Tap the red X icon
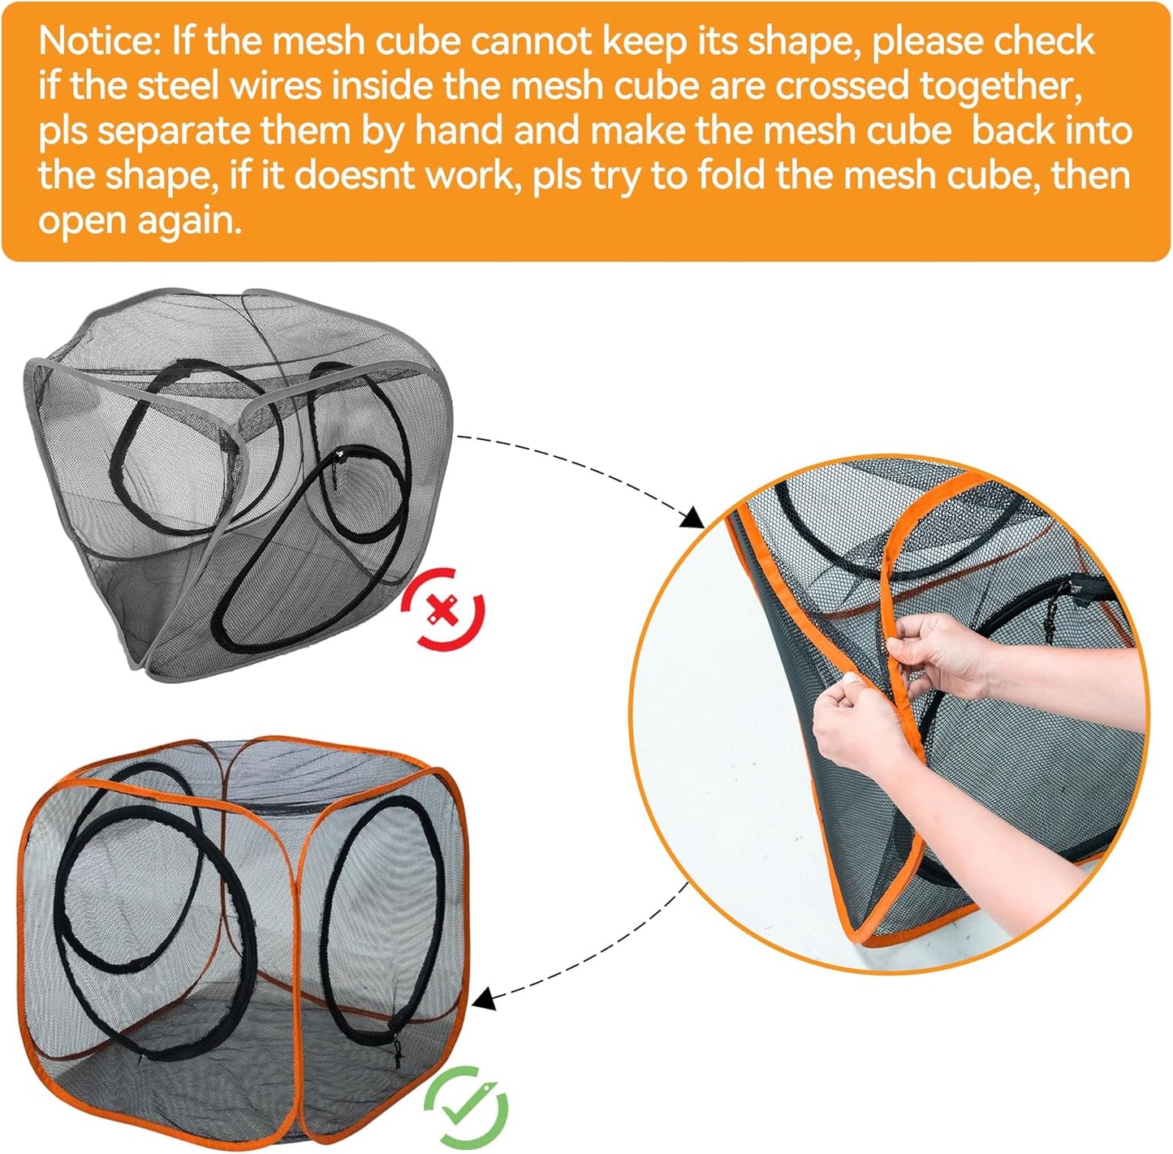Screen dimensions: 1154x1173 (444, 608)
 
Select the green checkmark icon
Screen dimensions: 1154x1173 (467, 1105)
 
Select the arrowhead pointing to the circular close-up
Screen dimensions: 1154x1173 (692, 517)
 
